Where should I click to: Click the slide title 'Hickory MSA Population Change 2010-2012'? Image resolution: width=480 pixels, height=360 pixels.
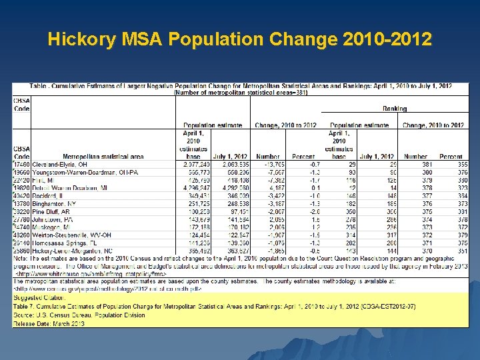pyautogui.click(x=239, y=40)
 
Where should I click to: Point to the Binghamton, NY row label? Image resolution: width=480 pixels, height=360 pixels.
pyautogui.click(x=54, y=203)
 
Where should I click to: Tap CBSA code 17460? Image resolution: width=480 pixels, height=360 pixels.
pyautogui.click(x=22, y=164)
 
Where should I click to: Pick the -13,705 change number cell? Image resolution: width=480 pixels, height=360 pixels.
pyautogui.click(x=270, y=164)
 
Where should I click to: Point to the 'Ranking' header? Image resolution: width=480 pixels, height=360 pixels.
pyautogui.click(x=395, y=108)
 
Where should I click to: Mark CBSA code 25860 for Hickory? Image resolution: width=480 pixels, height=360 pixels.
pyautogui.click(x=22, y=251)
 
